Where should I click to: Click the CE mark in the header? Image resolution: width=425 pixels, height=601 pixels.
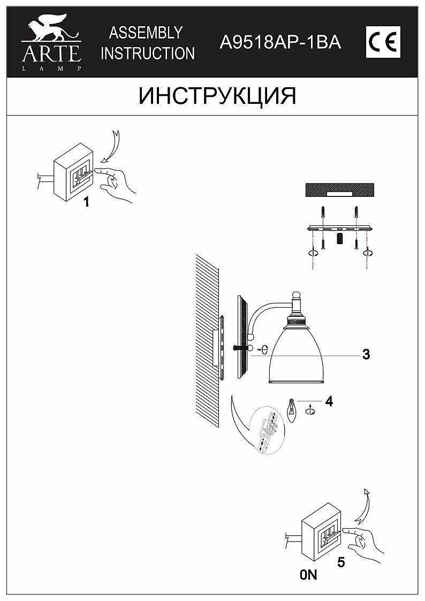tap(383, 42)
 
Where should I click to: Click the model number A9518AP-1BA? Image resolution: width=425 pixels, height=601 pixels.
tap(280, 43)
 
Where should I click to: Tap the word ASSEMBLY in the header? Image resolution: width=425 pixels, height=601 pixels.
tap(146, 33)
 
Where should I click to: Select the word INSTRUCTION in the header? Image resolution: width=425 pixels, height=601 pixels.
tap(148, 54)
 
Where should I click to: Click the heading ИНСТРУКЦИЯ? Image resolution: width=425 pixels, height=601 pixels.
tap(217, 96)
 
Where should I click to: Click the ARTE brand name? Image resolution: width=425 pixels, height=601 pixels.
tap(51, 54)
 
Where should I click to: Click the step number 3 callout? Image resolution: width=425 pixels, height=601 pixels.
tap(366, 354)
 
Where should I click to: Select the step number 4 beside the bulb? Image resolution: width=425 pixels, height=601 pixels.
tap(329, 401)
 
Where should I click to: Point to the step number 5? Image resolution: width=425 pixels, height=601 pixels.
tap(340, 562)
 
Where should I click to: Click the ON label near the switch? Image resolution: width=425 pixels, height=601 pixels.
tap(309, 575)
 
